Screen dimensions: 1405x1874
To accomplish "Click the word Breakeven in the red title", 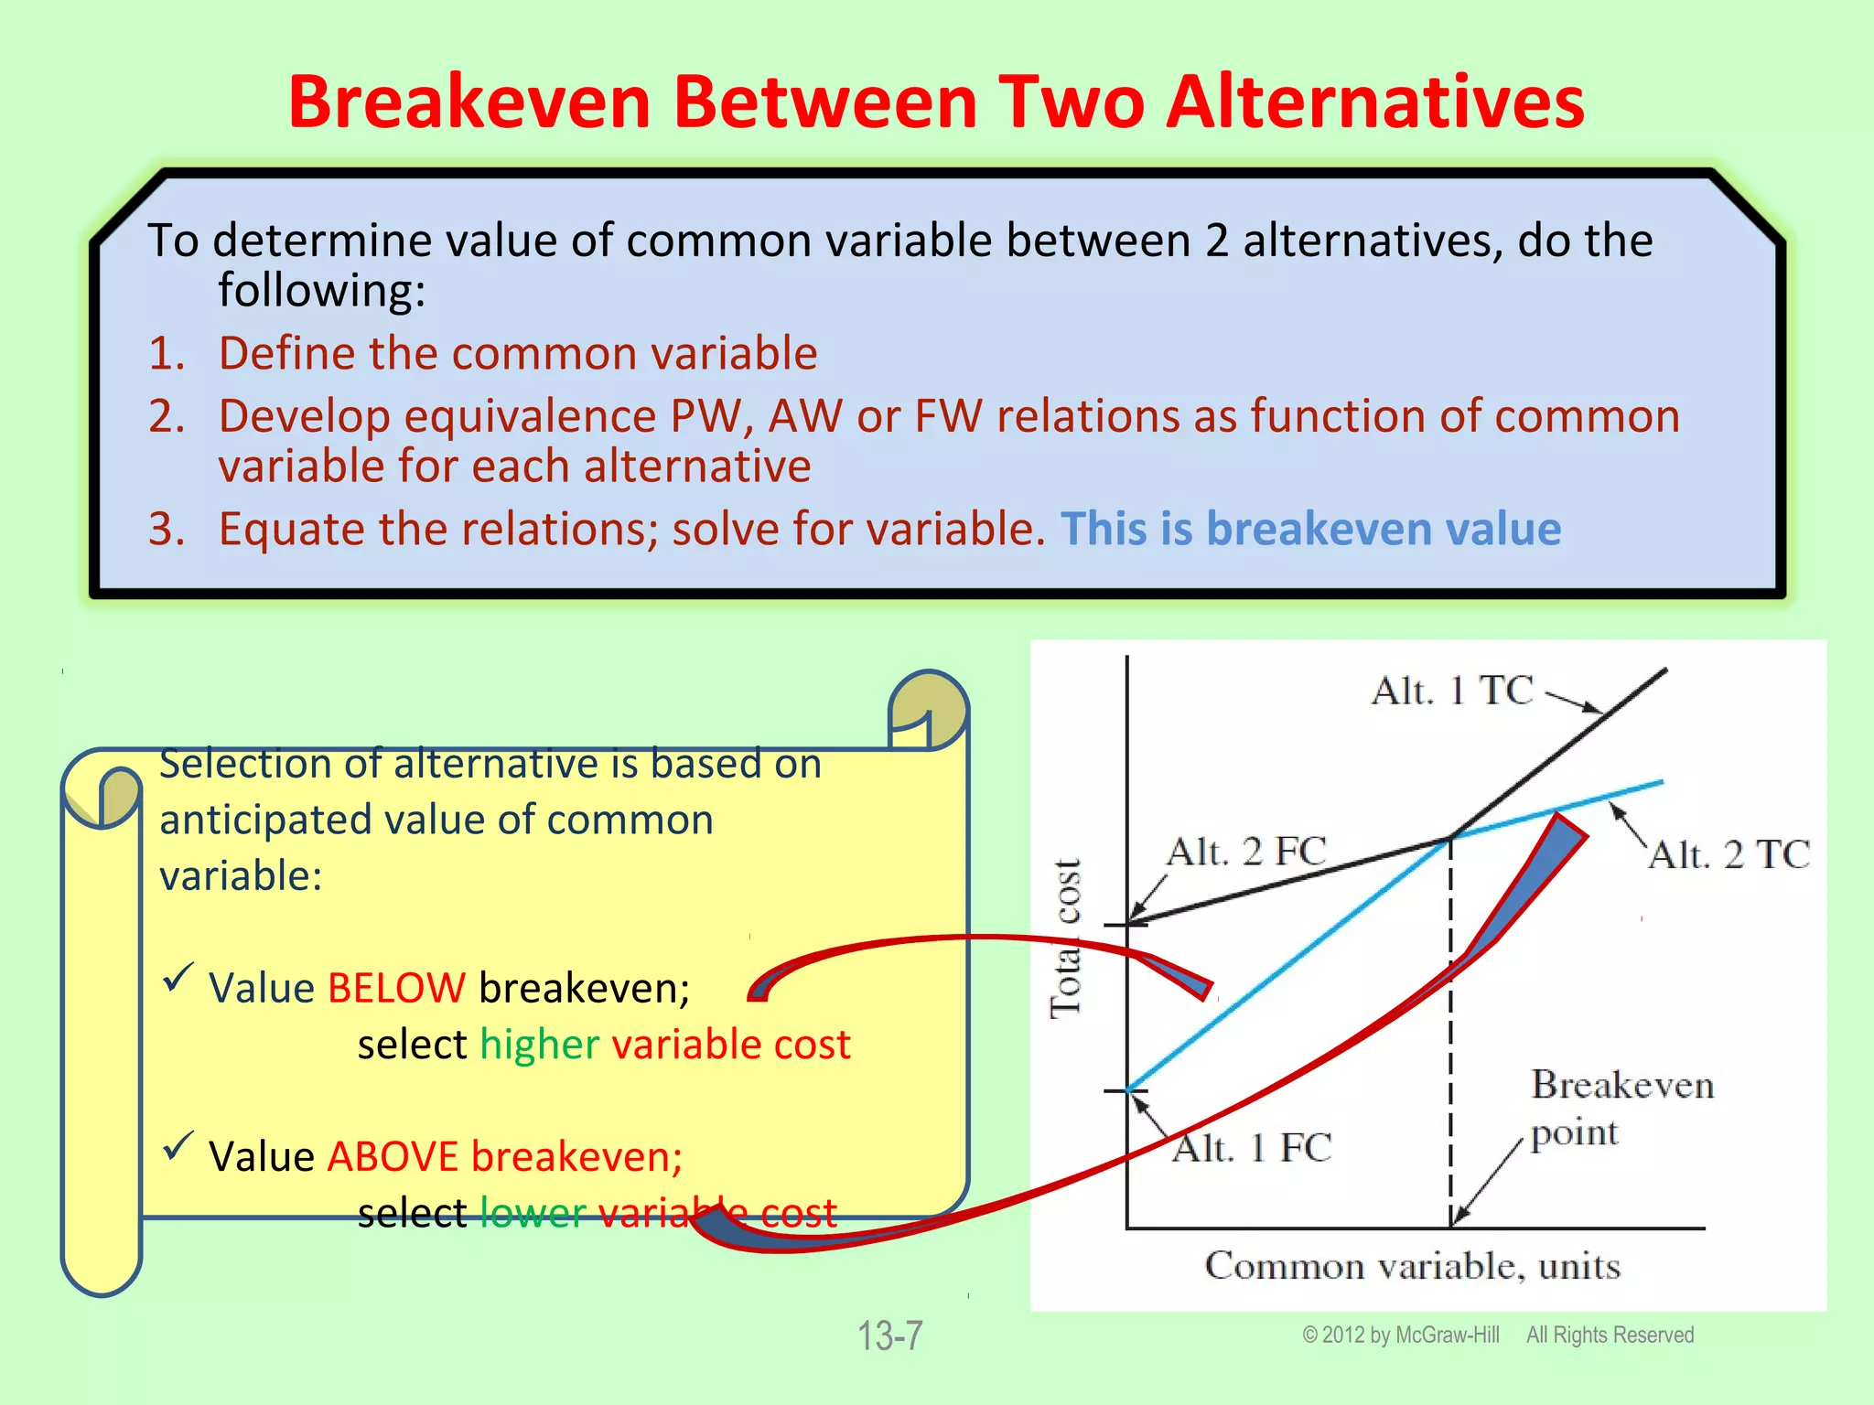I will point(468,102).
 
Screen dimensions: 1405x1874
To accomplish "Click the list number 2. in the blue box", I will point(167,417).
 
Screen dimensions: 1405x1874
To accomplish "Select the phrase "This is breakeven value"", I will point(1310,530).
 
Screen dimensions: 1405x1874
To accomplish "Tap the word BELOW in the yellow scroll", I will point(396,989).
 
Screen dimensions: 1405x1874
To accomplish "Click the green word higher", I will point(540,1045).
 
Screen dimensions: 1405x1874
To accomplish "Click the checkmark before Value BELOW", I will point(178,978).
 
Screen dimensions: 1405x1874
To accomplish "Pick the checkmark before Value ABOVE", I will point(178,1146).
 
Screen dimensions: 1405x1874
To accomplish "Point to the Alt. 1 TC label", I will point(1451,691).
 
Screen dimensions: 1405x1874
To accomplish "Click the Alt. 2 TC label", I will point(1729,855).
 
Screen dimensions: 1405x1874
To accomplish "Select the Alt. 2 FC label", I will point(1245,852).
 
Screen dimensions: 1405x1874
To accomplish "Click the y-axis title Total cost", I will point(1066,938).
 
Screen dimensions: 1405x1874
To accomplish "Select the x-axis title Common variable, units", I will point(1412,1267).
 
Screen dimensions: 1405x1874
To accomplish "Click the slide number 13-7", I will point(889,1335).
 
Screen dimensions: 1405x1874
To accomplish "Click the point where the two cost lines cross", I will point(1450,837).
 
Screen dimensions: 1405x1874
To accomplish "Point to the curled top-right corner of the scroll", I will point(929,709).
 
